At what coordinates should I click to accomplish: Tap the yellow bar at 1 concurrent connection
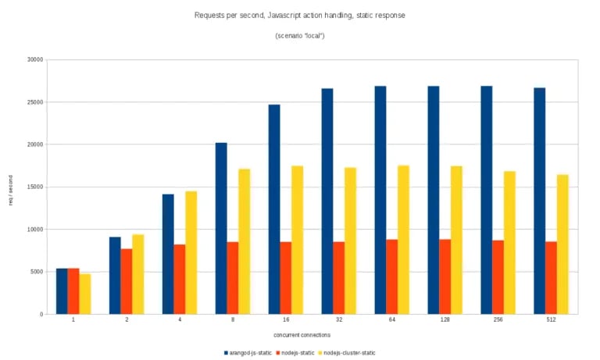coord(85,294)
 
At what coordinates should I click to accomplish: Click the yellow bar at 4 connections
coord(191,252)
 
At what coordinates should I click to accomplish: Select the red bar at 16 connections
coord(286,278)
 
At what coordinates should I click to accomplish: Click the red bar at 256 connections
coord(498,277)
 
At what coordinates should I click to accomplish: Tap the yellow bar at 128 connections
coord(456,240)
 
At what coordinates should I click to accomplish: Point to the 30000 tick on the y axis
coord(34,59)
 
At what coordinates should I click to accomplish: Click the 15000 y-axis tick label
coord(34,187)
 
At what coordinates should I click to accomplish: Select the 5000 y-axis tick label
coord(35,272)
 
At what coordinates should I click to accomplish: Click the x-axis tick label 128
coord(445,322)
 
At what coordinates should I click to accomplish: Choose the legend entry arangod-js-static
coord(251,353)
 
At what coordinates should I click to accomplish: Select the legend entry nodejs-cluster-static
coord(348,353)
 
